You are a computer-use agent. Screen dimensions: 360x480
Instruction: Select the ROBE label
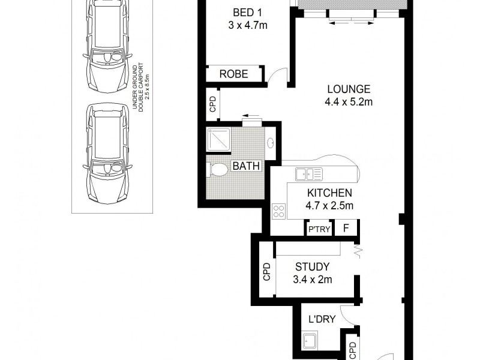pyautogui.click(x=234, y=74)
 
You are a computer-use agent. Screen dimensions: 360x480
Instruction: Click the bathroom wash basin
pyautogui.click(x=271, y=143)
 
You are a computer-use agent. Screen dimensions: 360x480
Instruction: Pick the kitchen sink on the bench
pyautogui.click(x=310, y=175)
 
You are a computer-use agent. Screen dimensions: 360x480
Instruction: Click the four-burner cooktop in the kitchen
pyautogui.click(x=279, y=211)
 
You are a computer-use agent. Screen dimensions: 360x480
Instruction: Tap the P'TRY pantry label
pyautogui.click(x=318, y=229)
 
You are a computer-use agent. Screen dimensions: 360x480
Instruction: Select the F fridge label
pyautogui.click(x=346, y=229)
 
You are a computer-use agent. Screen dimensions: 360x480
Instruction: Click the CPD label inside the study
pyautogui.click(x=267, y=273)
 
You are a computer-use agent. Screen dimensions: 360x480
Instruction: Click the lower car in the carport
pyautogui.click(x=108, y=154)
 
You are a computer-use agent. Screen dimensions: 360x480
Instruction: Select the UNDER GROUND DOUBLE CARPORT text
pyautogui.click(x=140, y=87)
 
